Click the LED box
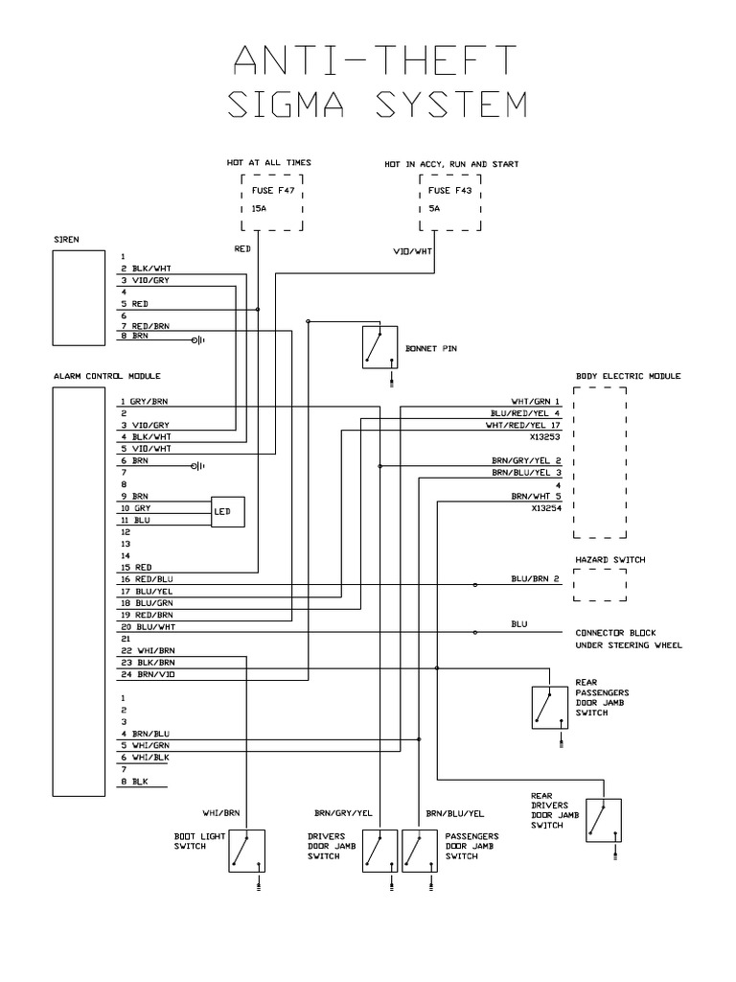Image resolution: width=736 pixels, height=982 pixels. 228,513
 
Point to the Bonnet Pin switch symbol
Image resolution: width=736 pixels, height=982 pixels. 379,346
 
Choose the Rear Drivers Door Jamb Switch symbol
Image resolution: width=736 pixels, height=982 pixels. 604,821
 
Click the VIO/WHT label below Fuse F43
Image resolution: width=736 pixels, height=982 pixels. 415,251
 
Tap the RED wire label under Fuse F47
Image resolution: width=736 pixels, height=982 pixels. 242,248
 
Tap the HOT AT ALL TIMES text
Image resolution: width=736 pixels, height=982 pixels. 269,163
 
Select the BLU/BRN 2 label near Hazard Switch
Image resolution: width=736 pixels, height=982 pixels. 535,579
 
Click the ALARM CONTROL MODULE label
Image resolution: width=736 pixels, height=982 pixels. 106,376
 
